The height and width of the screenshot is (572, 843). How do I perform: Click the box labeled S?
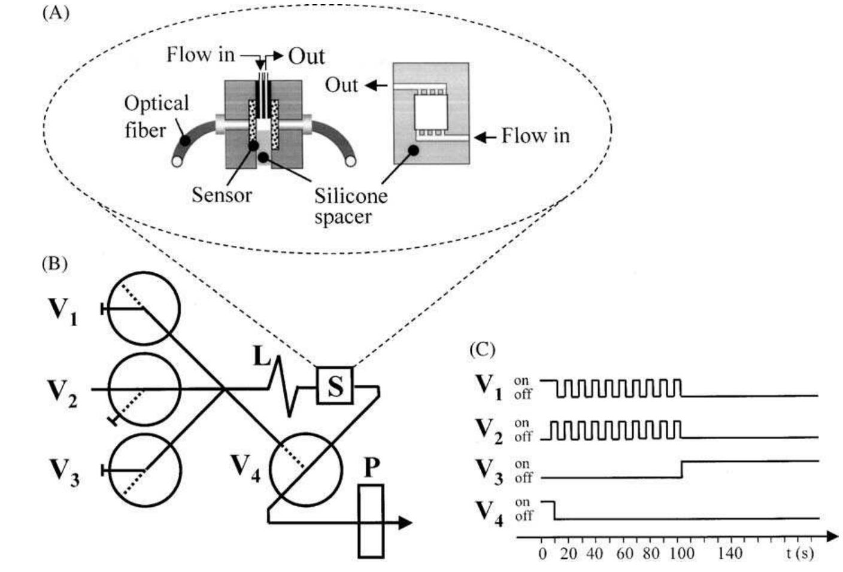pos(335,386)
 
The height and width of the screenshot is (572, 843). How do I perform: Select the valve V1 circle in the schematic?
pos(144,309)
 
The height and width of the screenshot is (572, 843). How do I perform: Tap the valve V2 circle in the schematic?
pos(144,390)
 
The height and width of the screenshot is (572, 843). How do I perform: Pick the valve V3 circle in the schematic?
pos(144,470)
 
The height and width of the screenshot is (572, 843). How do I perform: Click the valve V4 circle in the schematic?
pos(305,467)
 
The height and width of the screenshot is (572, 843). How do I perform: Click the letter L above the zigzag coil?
pos(262,358)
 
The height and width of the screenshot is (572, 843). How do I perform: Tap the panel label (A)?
pos(56,13)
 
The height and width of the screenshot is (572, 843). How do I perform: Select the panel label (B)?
pos(54,264)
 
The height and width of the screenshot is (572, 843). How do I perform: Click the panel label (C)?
pos(482,349)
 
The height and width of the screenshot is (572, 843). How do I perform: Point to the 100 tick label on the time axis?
pos(681,553)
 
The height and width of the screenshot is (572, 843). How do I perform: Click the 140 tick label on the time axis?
pos(729,553)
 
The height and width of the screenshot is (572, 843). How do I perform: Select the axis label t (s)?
pos(800,553)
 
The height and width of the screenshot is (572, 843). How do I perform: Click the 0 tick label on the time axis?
pos(542,553)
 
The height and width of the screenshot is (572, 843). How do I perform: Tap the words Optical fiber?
pos(155,116)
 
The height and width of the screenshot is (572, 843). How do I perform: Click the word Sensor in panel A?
pos(222,195)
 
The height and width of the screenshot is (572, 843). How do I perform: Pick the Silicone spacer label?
pos(350,205)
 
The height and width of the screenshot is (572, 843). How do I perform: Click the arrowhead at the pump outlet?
pos(405,523)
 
